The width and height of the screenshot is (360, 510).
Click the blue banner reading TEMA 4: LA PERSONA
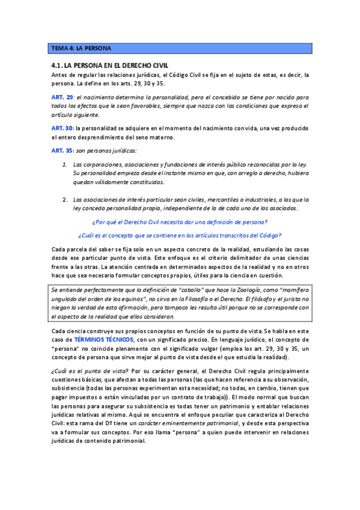[x=180, y=48]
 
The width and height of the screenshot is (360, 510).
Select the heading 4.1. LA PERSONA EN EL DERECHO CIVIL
[x=110, y=65]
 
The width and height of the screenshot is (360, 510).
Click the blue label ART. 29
[x=62, y=97]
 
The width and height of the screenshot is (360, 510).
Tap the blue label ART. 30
[x=62, y=129]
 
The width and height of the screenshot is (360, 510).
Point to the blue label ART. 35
[x=62, y=150]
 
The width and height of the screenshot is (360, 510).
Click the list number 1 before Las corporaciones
[x=64, y=164]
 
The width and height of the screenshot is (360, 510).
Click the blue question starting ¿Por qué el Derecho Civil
[x=180, y=221]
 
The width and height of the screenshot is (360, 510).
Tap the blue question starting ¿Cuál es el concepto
[x=180, y=235]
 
